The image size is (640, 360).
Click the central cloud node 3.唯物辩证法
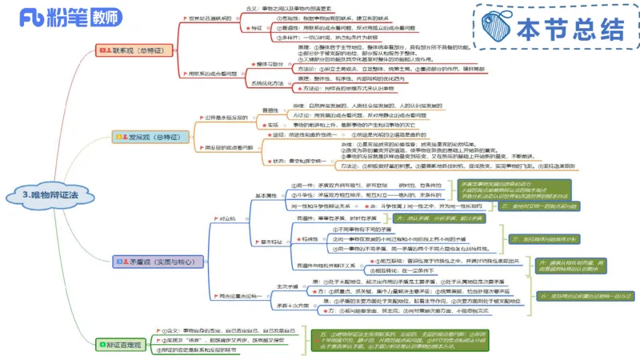pyautogui.click(x=50, y=194)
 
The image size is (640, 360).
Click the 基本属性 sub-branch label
pyautogui.click(x=264, y=194)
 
